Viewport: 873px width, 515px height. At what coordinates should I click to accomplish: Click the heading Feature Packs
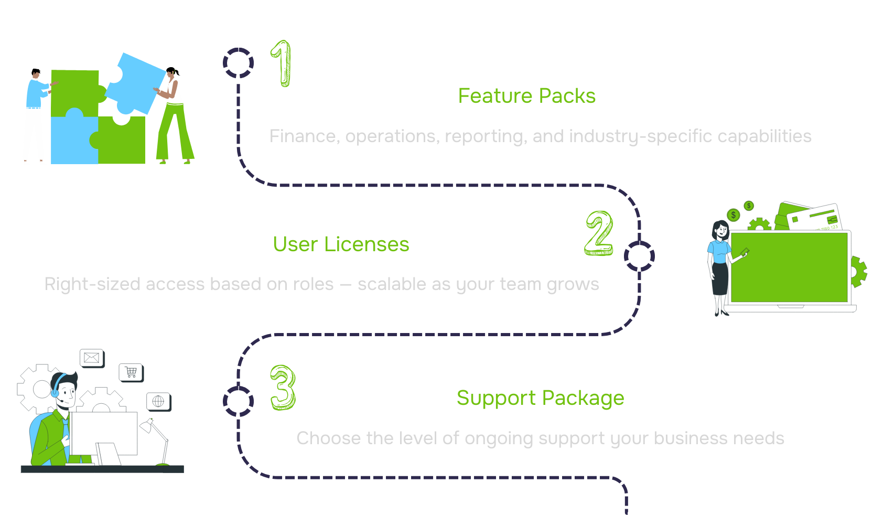526,96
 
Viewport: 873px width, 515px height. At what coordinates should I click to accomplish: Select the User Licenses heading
341,244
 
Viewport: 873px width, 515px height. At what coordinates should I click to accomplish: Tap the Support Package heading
540,398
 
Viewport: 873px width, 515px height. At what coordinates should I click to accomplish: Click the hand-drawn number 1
282,64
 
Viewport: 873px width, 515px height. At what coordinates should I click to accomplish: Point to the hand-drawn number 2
599,233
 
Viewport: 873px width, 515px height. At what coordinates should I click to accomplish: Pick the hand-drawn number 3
283,388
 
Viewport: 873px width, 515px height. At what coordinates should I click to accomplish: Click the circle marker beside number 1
239,63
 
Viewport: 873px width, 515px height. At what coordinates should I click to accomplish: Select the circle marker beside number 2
639,256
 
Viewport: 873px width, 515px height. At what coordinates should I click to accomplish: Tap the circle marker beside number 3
239,401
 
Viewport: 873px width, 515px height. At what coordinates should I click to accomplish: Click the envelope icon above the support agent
92,358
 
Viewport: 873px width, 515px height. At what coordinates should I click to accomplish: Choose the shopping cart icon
131,372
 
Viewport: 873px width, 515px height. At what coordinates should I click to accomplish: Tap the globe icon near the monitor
158,401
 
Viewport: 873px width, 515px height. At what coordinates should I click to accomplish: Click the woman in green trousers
174,118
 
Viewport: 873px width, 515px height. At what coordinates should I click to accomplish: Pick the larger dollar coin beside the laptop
733,214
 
